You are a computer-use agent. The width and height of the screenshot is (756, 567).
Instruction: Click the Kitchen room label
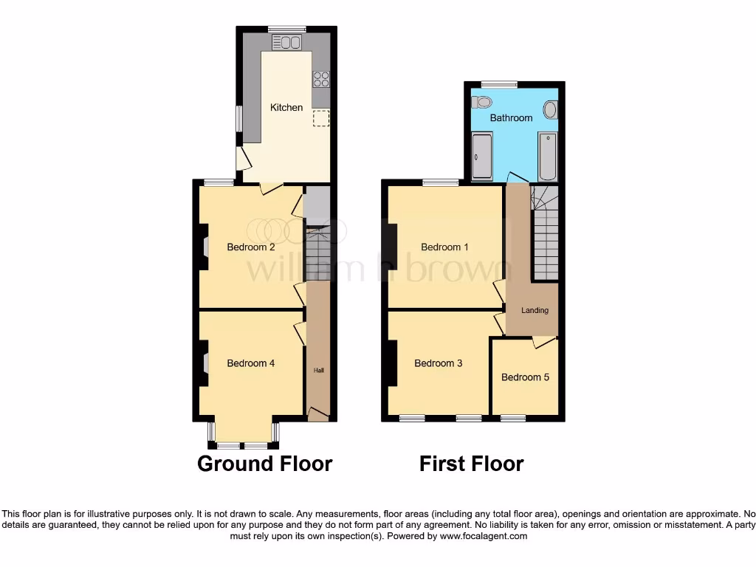pyautogui.click(x=286, y=108)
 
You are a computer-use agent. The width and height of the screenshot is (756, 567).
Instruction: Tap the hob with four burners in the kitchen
pyautogui.click(x=320, y=79)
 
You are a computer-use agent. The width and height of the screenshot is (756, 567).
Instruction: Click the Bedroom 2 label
pyautogui.click(x=251, y=247)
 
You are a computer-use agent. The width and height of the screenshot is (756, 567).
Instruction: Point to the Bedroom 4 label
pyautogui.click(x=251, y=363)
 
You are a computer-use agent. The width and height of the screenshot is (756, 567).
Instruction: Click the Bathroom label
pyautogui.click(x=511, y=118)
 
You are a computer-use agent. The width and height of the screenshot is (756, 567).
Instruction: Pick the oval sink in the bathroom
pyautogui.click(x=550, y=111)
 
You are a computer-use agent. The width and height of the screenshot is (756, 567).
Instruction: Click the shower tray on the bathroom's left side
pyautogui.click(x=482, y=156)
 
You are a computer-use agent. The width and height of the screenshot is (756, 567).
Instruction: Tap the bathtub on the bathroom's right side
pyautogui.click(x=547, y=156)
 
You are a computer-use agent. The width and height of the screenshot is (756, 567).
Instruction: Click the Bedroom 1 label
pyautogui.click(x=444, y=247)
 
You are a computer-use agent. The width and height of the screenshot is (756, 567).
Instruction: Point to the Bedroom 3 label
pyautogui.click(x=439, y=363)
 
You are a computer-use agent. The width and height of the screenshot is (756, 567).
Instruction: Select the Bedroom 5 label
pyautogui.click(x=525, y=377)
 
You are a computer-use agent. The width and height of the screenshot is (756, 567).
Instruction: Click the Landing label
pyautogui.click(x=535, y=310)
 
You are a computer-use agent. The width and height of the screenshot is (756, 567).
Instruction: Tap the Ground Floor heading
pyautogui.click(x=264, y=464)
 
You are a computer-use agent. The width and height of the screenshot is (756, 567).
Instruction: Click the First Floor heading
pyautogui.click(x=471, y=464)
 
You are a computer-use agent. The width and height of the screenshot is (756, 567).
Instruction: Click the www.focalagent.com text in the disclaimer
pyautogui.click(x=484, y=537)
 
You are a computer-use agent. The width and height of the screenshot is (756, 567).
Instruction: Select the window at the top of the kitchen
pyautogui.click(x=286, y=29)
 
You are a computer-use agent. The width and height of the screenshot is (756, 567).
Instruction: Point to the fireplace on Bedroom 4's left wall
pyautogui.click(x=203, y=362)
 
